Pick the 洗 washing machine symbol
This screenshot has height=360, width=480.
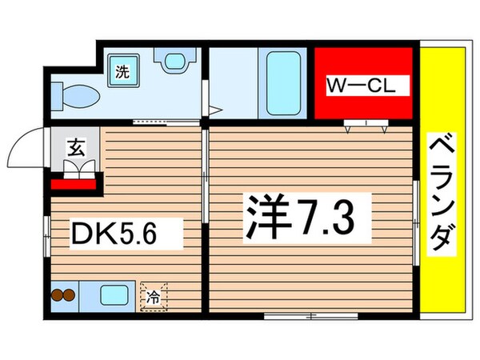(x=122, y=70)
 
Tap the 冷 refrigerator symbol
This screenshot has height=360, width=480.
(x=154, y=297)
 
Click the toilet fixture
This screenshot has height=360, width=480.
(x=74, y=95)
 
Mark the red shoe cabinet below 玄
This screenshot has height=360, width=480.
(x=74, y=185)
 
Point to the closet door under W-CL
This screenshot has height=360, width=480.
(x=366, y=124)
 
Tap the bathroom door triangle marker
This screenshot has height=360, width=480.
(x=214, y=111)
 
